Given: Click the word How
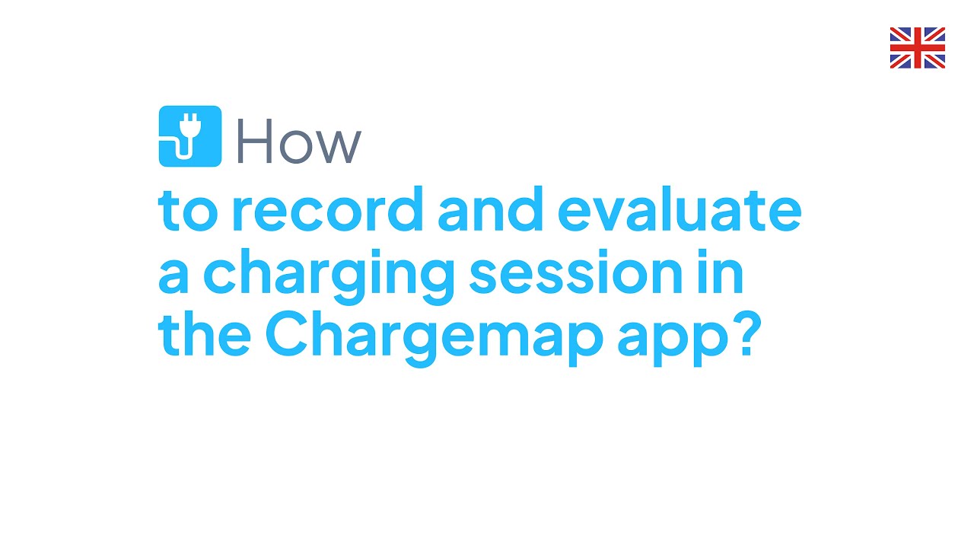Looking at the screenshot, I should pos(298,141).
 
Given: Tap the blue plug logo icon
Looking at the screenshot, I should pos(189,136).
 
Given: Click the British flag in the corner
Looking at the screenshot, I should pos(917,48).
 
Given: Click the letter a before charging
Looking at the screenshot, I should pos(173,278).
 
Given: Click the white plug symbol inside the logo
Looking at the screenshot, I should pos(187,137).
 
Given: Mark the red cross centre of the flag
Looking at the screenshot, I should pos(917,48).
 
